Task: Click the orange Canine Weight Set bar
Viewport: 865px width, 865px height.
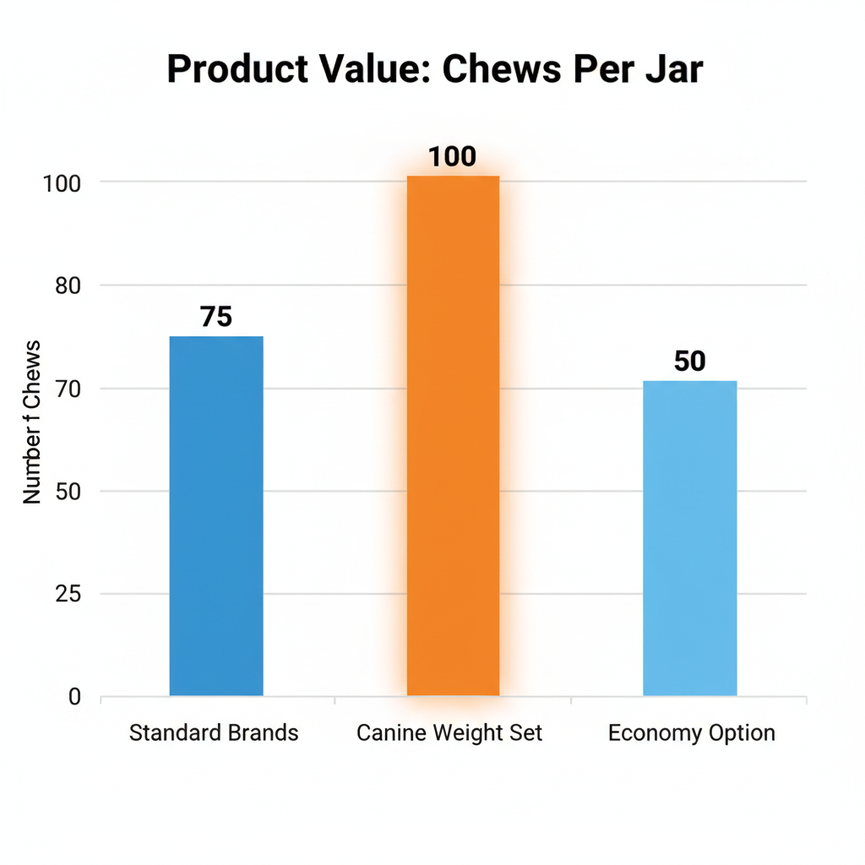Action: [x=454, y=435]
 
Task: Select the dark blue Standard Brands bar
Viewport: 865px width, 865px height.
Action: [x=216, y=515]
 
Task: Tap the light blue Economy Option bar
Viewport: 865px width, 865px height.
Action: [x=689, y=538]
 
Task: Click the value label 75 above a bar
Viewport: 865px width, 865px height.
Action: [x=216, y=317]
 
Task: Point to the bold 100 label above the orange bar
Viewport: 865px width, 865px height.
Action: [x=453, y=157]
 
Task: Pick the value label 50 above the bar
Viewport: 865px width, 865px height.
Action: [x=689, y=362]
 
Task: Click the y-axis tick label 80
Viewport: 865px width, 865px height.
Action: [x=68, y=286]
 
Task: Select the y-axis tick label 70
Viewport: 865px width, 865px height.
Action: [x=68, y=389]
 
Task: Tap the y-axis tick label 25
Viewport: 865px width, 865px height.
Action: [x=68, y=595]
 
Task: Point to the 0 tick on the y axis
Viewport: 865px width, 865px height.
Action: [x=75, y=698]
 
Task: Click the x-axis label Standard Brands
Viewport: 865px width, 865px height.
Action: [x=214, y=732]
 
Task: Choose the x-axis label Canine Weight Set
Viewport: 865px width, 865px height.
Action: [x=449, y=732]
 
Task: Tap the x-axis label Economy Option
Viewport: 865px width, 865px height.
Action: [x=691, y=732]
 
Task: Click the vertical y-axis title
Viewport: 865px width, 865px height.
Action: [x=32, y=422]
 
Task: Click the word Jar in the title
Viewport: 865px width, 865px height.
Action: [x=672, y=70]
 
